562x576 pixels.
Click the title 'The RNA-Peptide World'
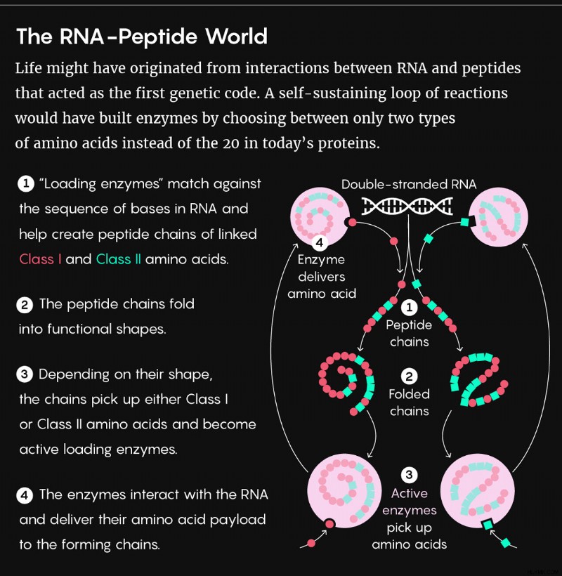(142, 37)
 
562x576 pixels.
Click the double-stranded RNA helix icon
(407, 206)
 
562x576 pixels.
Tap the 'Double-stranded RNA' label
(409, 184)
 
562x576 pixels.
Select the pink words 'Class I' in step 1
(40, 259)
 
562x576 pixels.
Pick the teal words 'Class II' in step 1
(119, 259)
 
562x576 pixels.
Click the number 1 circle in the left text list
(26, 183)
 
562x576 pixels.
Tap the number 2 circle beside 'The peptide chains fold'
(25, 305)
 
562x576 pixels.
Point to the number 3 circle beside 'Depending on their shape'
(25, 374)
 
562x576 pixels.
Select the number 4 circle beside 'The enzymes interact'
(25, 495)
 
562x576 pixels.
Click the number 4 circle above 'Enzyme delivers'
(320, 242)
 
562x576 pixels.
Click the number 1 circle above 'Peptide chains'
(409, 308)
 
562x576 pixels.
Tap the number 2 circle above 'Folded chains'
(409, 377)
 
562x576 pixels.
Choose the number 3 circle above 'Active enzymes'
(409, 475)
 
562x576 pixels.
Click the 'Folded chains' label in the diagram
(409, 402)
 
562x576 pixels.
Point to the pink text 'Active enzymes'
(409, 502)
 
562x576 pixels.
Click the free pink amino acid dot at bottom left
(311, 543)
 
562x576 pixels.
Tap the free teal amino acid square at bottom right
(506, 542)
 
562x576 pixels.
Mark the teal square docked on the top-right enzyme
(465, 222)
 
